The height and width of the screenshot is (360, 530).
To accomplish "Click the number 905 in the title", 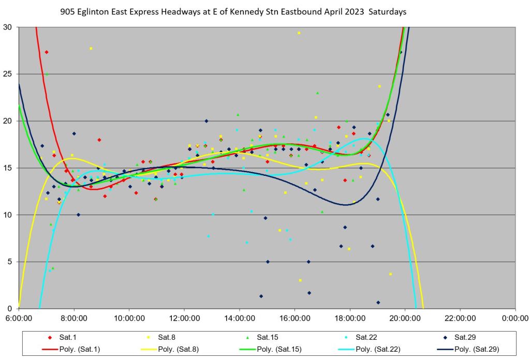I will coord(67,11).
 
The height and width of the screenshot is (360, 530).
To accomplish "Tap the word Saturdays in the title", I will coord(386,11).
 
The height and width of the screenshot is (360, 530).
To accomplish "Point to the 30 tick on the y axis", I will coord(9,27).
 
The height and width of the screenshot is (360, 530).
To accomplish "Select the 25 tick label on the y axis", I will coord(9,74).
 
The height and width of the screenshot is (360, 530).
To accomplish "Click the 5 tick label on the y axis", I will coord(11,262).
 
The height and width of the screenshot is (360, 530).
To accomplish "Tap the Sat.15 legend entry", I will coord(268,337).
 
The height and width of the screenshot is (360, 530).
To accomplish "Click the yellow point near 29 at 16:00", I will coord(299,33).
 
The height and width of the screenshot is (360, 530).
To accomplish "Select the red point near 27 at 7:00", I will coord(47,52).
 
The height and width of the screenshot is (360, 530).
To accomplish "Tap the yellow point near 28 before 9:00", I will coord(91,49).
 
